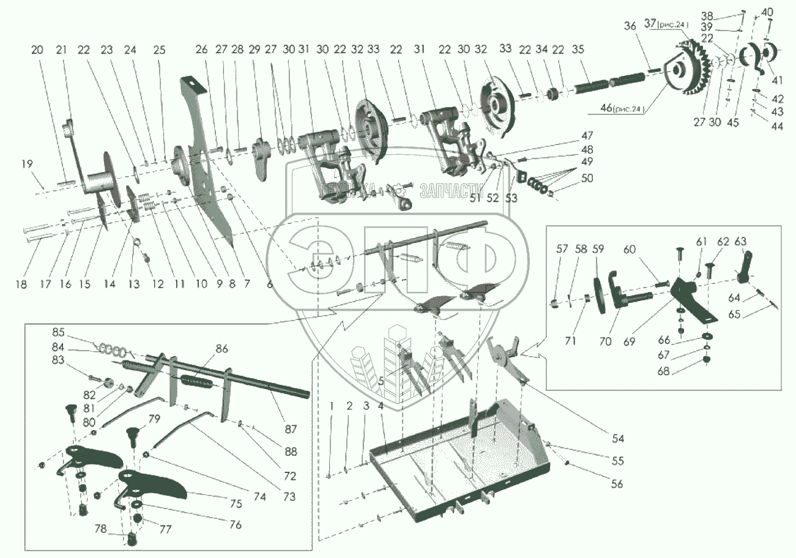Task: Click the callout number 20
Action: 37,50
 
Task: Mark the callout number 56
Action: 617,484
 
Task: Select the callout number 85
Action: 58,333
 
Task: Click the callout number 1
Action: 330,406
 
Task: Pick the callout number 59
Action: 598,249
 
